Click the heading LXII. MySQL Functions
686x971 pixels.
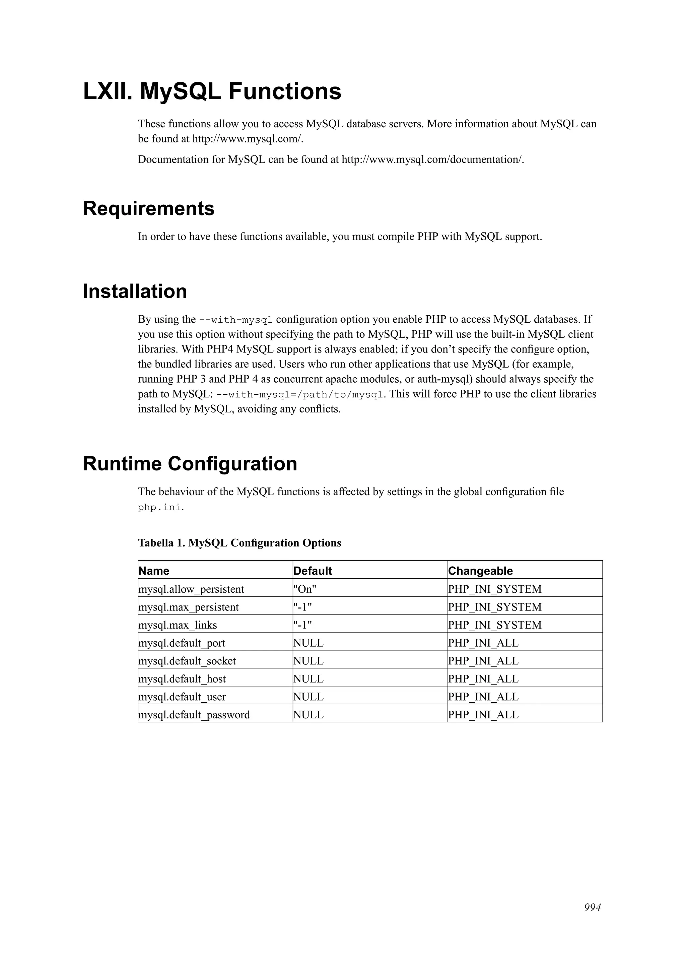[x=212, y=91]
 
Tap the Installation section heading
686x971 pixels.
[x=135, y=292]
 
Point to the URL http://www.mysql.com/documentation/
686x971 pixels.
[x=432, y=159]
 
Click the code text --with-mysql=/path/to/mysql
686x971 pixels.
[x=300, y=395]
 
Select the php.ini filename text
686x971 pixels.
[x=160, y=508]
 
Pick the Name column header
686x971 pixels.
[x=154, y=571]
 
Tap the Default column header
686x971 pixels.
[x=313, y=571]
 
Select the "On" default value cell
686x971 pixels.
[x=305, y=589]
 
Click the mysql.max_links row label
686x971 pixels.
[x=178, y=625]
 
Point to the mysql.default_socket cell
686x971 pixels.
[x=187, y=661]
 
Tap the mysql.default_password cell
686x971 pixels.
[x=194, y=715]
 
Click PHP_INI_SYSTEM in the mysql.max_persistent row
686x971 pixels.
[x=494, y=607]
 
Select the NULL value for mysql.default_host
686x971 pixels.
[x=308, y=679]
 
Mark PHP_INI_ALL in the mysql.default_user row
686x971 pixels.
[x=483, y=697]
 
